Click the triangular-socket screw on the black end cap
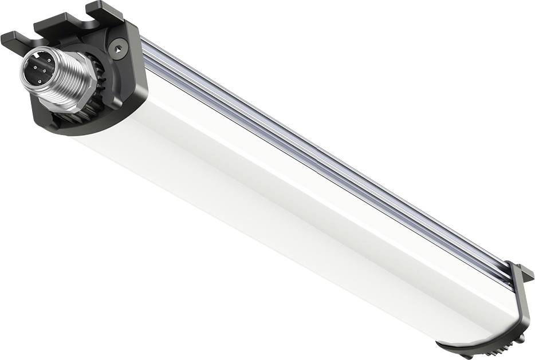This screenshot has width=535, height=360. coord(118,49)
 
